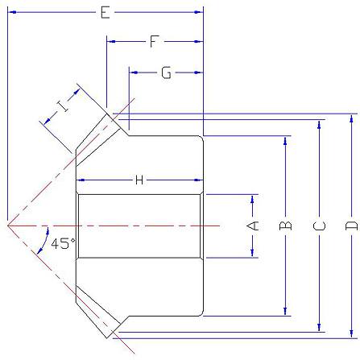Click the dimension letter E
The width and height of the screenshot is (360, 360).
tap(106, 12)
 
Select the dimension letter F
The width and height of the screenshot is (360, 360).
tap(154, 42)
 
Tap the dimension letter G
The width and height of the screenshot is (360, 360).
tap(166, 72)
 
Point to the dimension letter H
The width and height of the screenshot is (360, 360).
tap(139, 180)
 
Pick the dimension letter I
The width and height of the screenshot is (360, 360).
tap(63, 106)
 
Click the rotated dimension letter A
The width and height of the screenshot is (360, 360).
tap(252, 226)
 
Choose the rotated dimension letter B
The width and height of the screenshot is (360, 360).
tap(285, 226)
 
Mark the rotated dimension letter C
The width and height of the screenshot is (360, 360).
tap(319, 226)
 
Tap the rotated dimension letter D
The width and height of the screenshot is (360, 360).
tap(351, 226)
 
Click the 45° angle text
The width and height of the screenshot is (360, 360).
tap(64, 243)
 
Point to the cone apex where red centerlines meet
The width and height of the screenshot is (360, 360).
tap(8, 226)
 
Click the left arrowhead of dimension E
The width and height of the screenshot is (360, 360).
tap(12, 12)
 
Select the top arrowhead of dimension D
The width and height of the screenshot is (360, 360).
tap(351, 118)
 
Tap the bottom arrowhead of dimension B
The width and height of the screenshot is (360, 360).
tap(285, 312)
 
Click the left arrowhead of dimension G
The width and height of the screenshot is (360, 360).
tap(134, 72)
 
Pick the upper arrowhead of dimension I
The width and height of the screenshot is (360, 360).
tap(77, 92)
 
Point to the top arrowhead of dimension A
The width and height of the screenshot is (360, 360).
tap(252, 199)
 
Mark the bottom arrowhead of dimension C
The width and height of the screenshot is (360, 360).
tap(319, 327)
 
